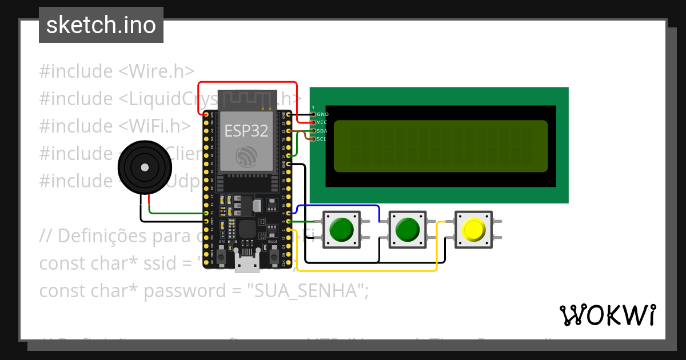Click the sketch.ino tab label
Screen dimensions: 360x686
pos(101,25)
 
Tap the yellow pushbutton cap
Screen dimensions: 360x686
pos(473,229)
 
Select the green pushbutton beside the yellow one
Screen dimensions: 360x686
pos(408,229)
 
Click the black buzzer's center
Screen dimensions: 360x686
pos(145,167)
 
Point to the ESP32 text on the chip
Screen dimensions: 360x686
pos(246,131)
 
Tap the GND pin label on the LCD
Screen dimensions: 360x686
pos(323,114)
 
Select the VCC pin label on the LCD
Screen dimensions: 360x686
pos(323,122)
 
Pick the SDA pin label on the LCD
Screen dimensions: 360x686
pos(323,130)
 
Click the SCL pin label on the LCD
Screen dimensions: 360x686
pos(322,138)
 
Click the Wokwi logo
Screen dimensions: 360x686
pos(607,315)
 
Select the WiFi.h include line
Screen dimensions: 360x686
pos(115,126)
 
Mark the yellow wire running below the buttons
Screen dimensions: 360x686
pos(366,270)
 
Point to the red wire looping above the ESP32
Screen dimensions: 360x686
pos(246,82)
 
